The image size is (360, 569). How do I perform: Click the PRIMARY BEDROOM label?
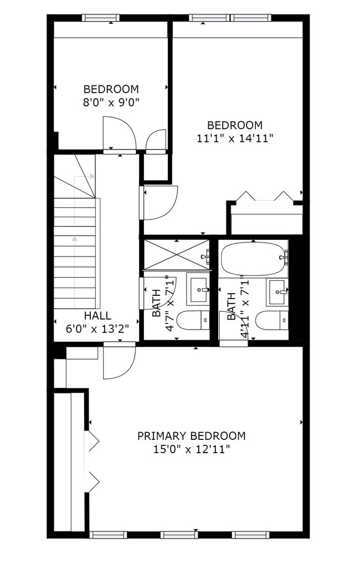pyautogui.click(x=191, y=436)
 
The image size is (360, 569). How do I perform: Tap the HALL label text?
pyautogui.click(x=97, y=316)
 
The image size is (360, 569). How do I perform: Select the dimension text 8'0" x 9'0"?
pyautogui.click(x=111, y=102)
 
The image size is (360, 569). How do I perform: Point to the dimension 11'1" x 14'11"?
pyautogui.click(x=235, y=139)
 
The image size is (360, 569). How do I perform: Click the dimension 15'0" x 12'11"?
pyautogui.click(x=191, y=449)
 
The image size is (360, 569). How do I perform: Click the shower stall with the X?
pyautogui.click(x=176, y=255)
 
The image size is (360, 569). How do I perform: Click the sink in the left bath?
pyautogui.click(x=197, y=289)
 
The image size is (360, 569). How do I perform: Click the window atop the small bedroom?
pyautogui.click(x=101, y=18)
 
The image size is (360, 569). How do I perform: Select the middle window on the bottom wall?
pyautogui.click(x=179, y=535)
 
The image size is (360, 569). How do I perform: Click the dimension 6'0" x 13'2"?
pyautogui.click(x=97, y=328)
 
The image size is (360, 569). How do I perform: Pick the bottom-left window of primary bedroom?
pyautogui.click(x=108, y=535)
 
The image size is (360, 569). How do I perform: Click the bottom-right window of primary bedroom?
pyautogui.click(x=250, y=535)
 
